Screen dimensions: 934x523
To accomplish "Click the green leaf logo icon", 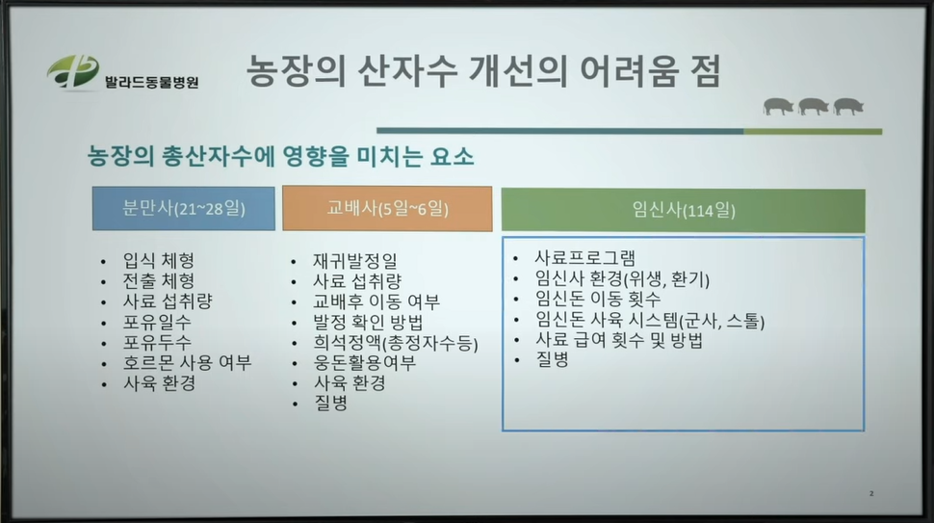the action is pos(72,72).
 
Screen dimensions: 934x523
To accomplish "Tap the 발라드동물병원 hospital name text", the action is pos(151,82).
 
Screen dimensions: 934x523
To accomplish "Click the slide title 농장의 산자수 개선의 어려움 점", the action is pos(483,71).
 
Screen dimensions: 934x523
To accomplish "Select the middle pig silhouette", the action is pos(813,107).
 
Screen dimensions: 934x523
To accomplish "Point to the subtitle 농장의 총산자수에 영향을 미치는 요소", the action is pos(280,156).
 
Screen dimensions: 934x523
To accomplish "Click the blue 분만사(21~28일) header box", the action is pos(184,208).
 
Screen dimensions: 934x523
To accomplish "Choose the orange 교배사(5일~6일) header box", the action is pos(387,208).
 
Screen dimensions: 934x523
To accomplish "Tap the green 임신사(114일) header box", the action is pos(684,210).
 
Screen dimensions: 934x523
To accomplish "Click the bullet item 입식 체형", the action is pos(159,260).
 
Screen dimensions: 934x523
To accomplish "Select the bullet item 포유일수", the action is pos(157,323).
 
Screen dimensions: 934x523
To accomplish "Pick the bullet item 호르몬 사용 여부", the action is pos(187,363).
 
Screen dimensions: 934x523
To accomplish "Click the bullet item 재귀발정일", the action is pos(355,261).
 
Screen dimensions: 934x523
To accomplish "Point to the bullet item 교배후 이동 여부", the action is pos(376,301).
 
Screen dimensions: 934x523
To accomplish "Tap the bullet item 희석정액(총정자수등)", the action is pos(396,343).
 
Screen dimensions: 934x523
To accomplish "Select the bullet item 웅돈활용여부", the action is pos(365,363).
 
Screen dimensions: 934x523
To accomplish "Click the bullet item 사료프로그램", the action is pos(584,258).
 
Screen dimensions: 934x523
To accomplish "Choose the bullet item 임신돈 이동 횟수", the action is pos(597,299).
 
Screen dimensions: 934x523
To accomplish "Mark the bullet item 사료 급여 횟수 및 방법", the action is pos(619,340).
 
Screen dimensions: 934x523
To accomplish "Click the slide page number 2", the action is pos(871,493).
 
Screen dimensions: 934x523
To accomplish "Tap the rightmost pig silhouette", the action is pos(849,107).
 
